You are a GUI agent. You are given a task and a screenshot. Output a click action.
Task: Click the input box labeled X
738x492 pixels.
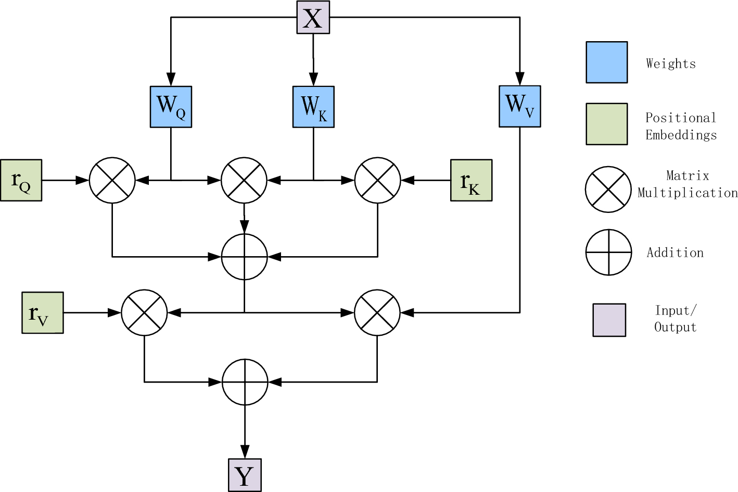tap(313, 18)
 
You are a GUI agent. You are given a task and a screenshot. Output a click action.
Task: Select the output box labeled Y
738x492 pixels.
tap(245, 475)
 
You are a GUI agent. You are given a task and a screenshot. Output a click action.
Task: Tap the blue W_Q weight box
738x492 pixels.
tap(171, 107)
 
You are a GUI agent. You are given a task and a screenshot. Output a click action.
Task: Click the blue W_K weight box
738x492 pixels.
tap(313, 107)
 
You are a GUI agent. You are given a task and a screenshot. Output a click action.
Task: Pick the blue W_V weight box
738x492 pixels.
tap(519, 106)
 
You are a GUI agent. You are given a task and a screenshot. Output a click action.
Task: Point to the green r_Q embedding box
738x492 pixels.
tap(21, 180)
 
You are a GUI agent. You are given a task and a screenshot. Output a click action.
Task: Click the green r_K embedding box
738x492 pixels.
tap(471, 180)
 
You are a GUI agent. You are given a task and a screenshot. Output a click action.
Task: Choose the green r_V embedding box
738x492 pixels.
tap(43, 312)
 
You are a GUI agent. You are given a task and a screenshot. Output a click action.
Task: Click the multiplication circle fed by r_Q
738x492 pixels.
tap(112, 180)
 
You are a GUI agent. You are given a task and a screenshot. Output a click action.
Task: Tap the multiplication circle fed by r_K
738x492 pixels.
tap(377, 180)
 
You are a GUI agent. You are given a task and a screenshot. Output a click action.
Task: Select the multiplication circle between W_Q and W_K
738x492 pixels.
tap(244, 180)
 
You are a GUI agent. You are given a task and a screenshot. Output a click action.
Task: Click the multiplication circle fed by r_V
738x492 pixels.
tap(144, 312)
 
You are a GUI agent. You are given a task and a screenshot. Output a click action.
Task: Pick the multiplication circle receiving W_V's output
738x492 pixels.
tap(377, 312)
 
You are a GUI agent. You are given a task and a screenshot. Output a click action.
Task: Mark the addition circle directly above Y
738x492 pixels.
tap(245, 382)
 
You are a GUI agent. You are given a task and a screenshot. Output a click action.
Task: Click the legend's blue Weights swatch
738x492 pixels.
tap(606, 62)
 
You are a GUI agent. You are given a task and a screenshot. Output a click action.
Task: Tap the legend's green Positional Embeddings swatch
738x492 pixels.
tap(606, 124)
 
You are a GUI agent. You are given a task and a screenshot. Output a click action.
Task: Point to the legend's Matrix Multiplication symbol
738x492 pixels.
tap(608, 190)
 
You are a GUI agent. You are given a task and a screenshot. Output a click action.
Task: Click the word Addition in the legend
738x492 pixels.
tap(675, 253)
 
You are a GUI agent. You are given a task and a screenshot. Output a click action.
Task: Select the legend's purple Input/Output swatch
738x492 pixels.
tap(609, 320)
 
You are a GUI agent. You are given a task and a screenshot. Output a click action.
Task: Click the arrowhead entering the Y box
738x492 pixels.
tap(245, 452)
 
